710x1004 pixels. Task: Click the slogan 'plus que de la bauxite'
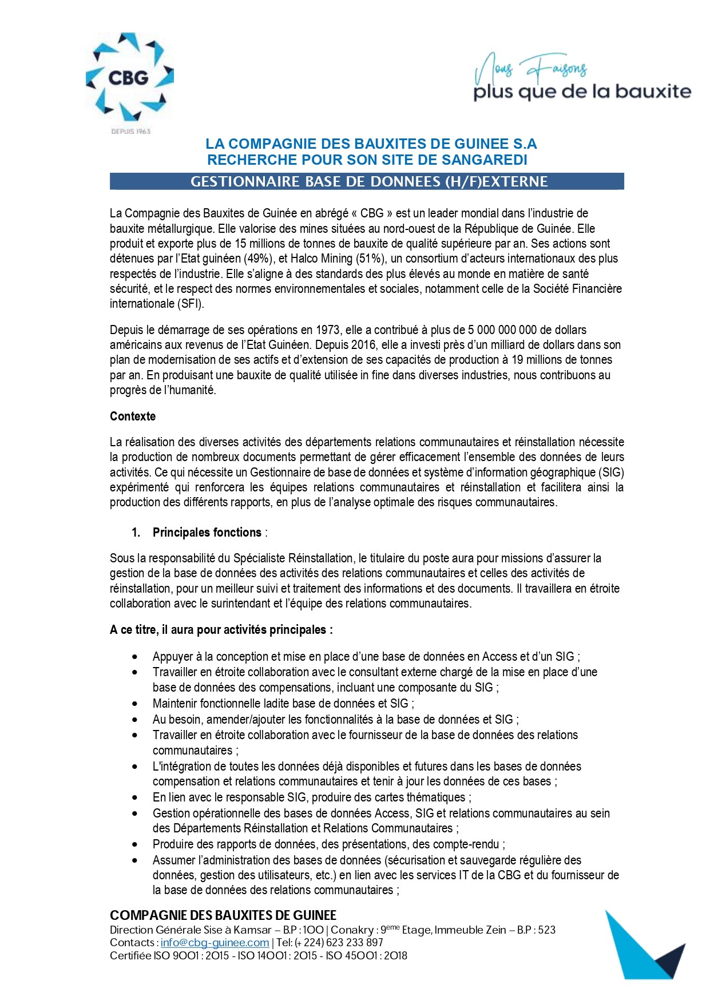click(582, 92)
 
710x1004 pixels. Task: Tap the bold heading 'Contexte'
click(133, 416)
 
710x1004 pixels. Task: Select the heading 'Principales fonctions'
click(207, 533)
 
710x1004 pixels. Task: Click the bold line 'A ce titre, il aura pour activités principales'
click(221, 630)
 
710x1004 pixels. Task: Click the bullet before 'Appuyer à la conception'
click(135, 657)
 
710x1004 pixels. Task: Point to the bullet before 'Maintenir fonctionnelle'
click(135, 704)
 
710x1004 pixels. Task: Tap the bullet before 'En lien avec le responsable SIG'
click(135, 797)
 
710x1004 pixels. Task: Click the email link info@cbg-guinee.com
click(215, 943)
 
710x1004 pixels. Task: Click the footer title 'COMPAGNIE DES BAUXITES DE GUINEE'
click(223, 915)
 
